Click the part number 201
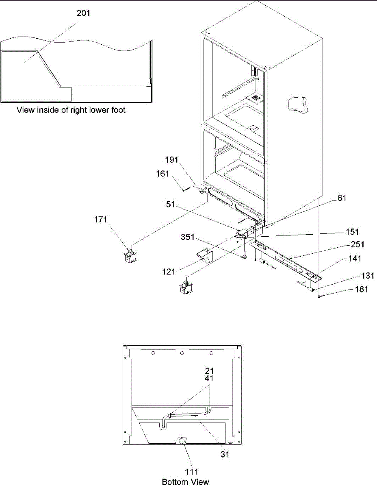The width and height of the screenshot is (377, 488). (83, 13)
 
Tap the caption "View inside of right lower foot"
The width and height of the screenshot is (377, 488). (71, 110)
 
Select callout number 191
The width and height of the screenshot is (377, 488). (171, 160)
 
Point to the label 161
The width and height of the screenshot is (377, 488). (162, 174)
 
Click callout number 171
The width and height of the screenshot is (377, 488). (100, 220)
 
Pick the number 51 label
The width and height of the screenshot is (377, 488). (171, 205)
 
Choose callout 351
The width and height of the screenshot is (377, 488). (188, 237)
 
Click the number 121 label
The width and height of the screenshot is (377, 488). (169, 272)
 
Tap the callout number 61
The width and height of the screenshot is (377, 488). (342, 198)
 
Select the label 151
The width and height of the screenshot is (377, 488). (352, 232)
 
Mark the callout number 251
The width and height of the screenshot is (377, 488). (357, 244)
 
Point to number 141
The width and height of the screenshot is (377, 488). (355, 259)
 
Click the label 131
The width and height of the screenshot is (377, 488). (368, 276)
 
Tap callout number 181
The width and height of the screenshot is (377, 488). (362, 290)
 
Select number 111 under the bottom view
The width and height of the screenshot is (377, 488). (191, 472)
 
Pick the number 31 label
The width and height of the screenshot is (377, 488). (225, 455)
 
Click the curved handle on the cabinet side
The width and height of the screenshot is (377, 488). (298, 104)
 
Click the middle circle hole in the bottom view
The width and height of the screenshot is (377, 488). (182, 353)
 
